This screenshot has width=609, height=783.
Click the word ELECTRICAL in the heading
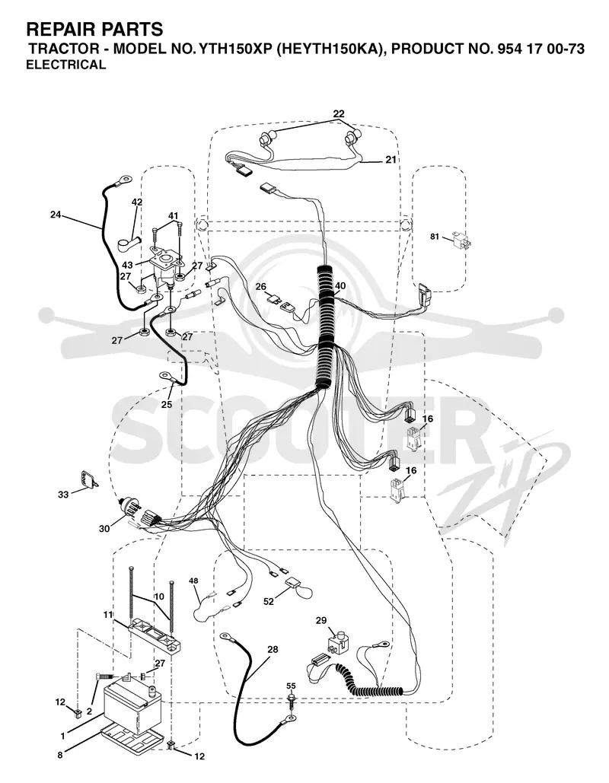coord(66,65)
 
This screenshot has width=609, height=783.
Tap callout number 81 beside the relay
coord(435,236)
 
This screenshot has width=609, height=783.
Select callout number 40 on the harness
coord(340,285)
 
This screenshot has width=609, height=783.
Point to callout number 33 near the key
coord(63,495)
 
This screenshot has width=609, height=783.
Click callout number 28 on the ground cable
coord(273,650)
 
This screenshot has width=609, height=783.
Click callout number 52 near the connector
coord(269,602)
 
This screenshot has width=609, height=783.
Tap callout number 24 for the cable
coord(56,215)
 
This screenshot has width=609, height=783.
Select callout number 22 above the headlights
coord(339,114)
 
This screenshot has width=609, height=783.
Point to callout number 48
coord(193,581)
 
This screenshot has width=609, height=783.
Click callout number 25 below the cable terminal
coord(167,405)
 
